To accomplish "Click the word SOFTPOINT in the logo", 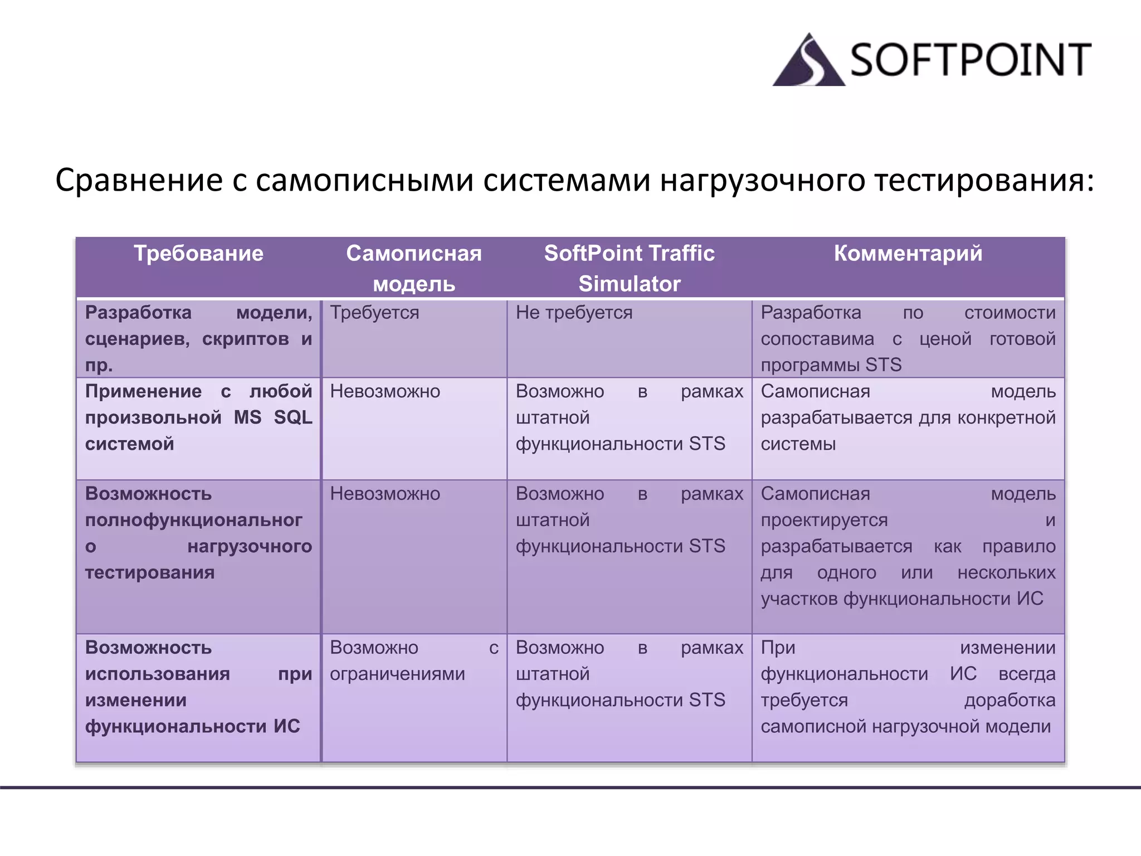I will click(970, 60).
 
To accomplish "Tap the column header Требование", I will click(198, 254).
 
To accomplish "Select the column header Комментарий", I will click(908, 254).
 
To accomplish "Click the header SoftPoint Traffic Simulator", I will click(629, 268).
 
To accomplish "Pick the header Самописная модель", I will click(413, 268).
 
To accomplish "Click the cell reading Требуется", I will click(374, 313).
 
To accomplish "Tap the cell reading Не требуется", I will click(574, 313).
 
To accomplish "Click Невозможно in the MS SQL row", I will click(385, 391).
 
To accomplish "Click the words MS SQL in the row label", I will click(273, 417).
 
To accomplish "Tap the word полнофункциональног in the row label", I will click(193, 520).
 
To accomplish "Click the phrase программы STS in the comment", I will click(831, 365).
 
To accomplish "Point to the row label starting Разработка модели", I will click(198, 338).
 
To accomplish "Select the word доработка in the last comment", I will click(1010, 700).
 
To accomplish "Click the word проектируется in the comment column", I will click(824, 520).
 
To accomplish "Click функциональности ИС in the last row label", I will click(192, 726).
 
